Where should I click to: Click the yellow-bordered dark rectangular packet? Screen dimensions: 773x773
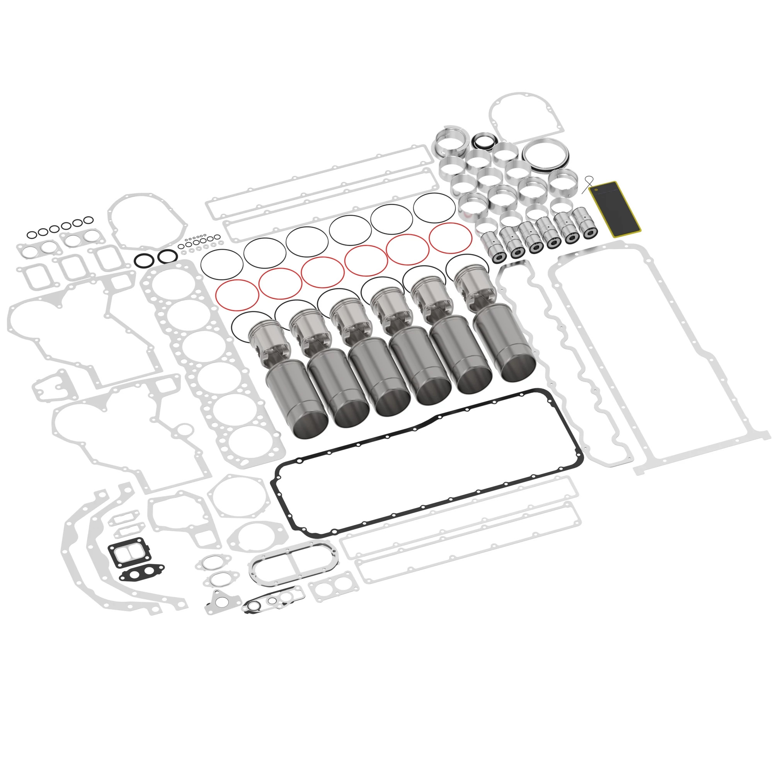click(x=614, y=208)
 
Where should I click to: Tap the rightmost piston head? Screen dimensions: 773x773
click(x=475, y=282)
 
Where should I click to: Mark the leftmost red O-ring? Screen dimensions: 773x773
click(x=237, y=295)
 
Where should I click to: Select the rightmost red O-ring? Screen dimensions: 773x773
click(x=450, y=238)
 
